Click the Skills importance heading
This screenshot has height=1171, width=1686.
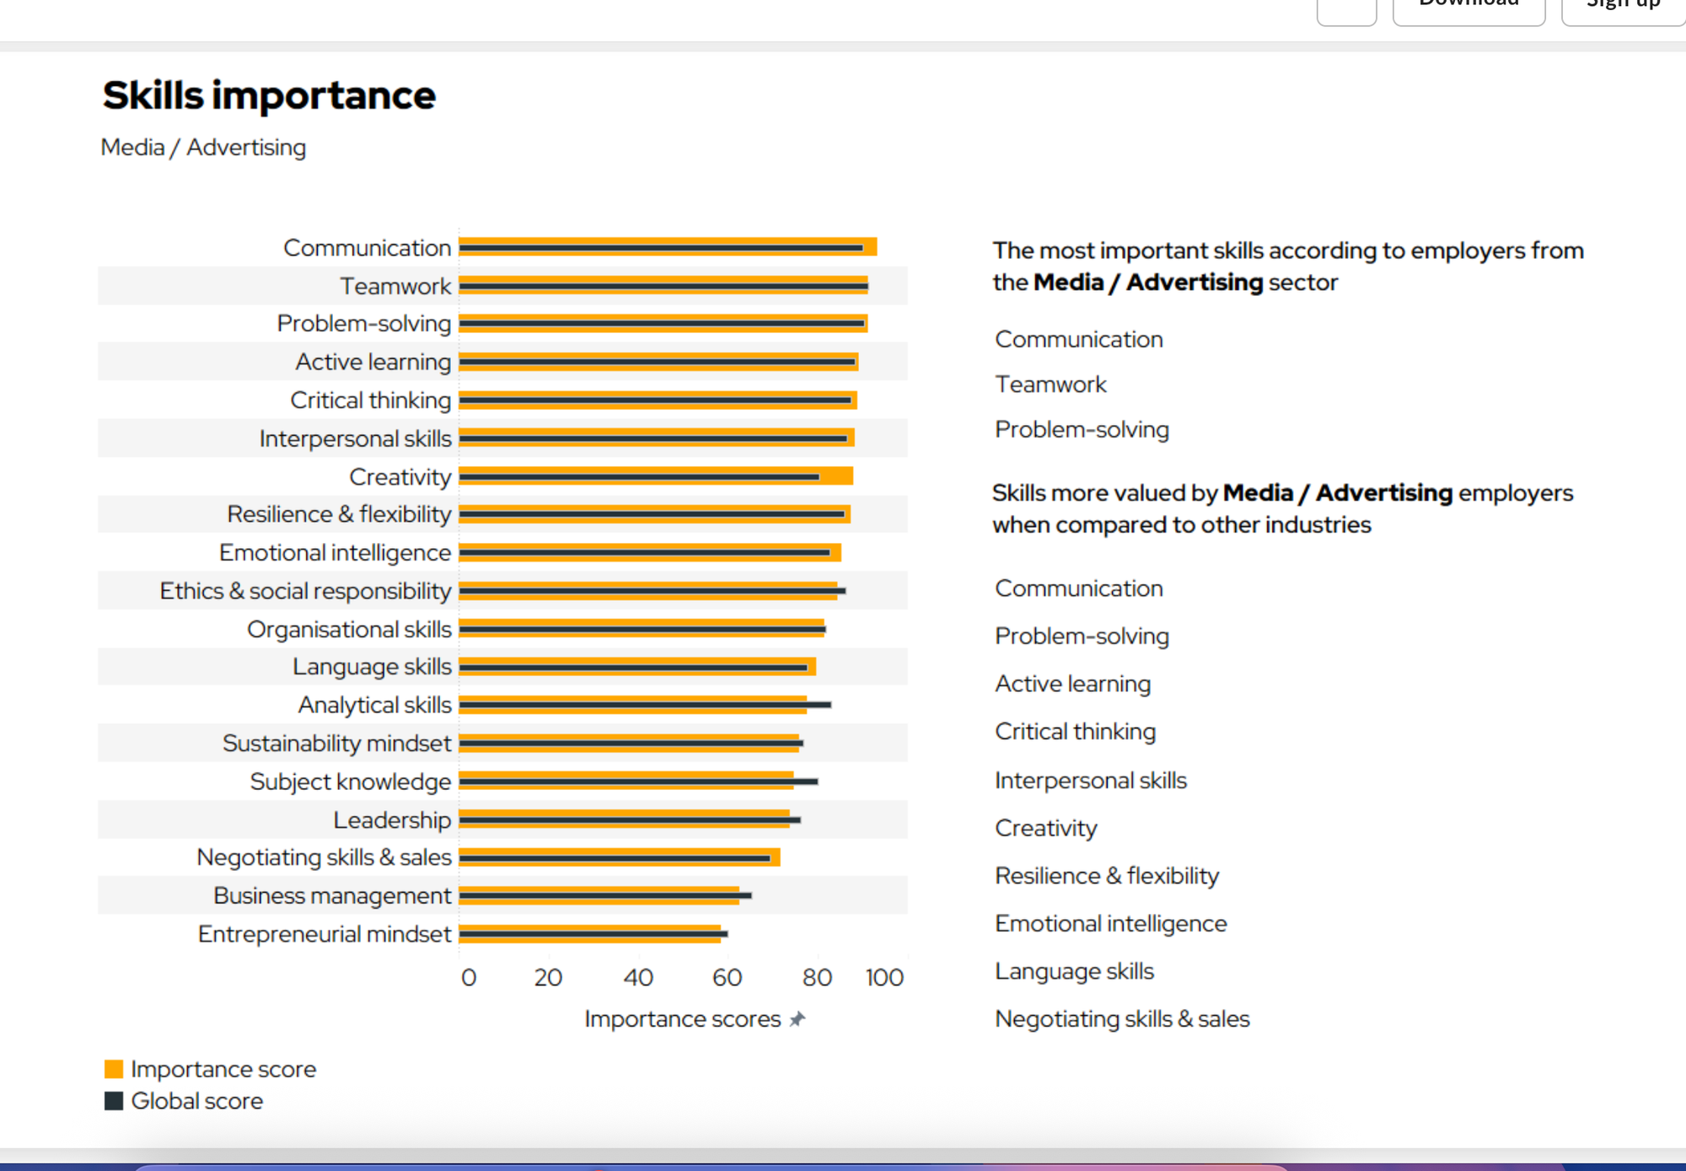(269, 95)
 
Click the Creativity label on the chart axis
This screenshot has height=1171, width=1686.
(400, 477)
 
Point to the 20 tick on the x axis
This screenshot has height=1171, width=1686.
(548, 978)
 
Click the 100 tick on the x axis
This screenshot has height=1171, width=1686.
(884, 978)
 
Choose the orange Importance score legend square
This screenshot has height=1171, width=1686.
(114, 1069)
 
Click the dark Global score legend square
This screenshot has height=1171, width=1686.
(114, 1101)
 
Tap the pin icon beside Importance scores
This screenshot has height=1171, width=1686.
(797, 1019)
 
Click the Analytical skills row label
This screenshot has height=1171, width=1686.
(375, 705)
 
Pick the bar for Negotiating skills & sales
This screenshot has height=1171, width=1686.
(620, 857)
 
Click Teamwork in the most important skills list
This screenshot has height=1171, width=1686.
(1050, 384)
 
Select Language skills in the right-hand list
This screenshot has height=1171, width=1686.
(1074, 971)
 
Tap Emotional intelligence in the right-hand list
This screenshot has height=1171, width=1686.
(1110, 924)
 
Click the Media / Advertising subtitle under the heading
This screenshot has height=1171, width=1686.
(203, 148)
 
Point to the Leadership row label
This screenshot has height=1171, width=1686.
(392, 819)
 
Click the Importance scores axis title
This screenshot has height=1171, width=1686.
(683, 1019)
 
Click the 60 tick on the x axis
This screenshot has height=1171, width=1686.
(727, 978)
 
